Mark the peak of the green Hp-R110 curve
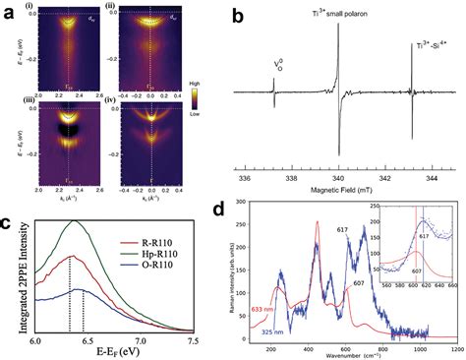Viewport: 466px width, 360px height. (x=72, y=221)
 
